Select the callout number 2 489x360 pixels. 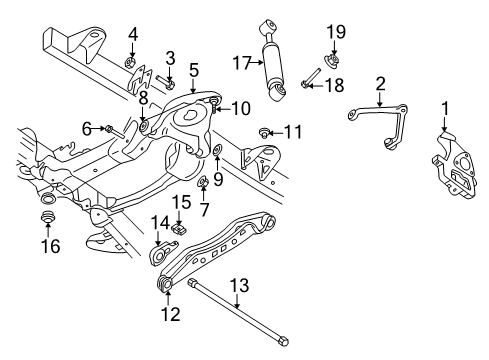[x=380, y=82]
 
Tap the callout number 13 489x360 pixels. [x=236, y=285]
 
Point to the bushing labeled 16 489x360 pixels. [x=45, y=217]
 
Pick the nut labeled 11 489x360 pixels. [x=265, y=131]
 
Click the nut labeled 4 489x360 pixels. [x=132, y=66]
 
